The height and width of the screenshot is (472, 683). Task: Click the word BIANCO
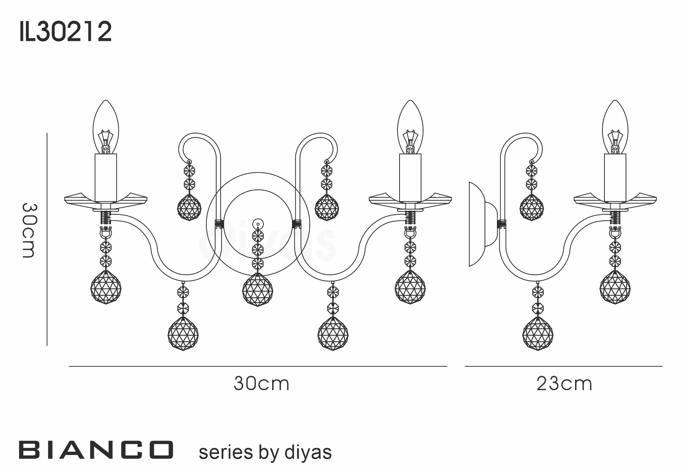click(96, 449)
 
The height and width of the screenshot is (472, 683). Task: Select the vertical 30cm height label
click(29, 230)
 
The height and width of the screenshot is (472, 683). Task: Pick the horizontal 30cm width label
click(262, 384)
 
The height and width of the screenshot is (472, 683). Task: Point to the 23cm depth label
click(564, 384)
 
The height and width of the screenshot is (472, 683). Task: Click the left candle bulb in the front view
click(106, 128)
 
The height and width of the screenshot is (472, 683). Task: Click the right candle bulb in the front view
click(410, 128)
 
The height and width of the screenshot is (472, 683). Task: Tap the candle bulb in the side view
click(615, 128)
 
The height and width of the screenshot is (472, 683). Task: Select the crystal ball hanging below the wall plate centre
click(258, 289)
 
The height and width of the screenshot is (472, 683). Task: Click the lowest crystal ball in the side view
click(538, 333)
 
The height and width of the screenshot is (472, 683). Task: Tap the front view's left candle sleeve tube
click(106, 177)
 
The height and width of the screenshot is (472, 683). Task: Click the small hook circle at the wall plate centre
click(258, 224)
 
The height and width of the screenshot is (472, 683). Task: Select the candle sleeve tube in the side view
click(615, 177)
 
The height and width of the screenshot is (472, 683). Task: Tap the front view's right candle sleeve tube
click(410, 177)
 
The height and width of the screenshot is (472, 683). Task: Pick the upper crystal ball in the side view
click(531, 208)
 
